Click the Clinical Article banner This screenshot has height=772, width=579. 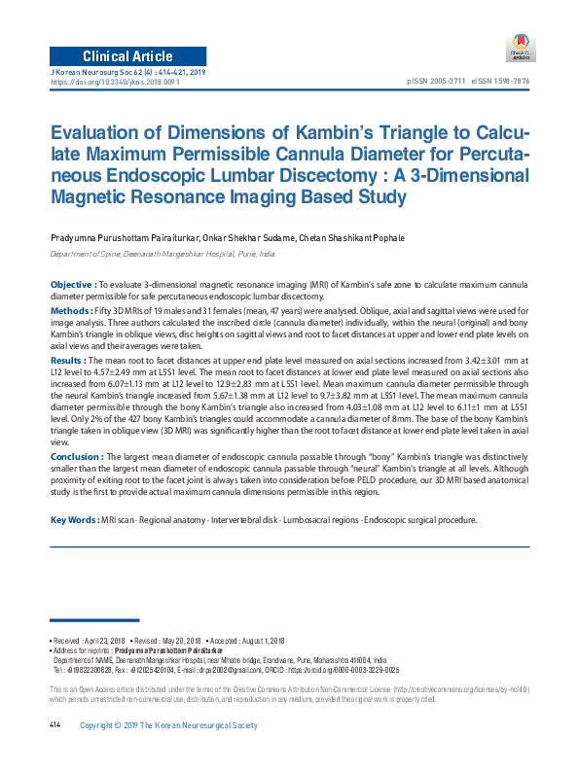tap(127, 54)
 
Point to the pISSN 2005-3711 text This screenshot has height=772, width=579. tap(435, 82)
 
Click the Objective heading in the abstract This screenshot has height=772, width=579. tap(72, 284)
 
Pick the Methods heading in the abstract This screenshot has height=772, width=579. tap(71, 309)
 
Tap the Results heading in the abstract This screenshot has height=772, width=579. tap(68, 360)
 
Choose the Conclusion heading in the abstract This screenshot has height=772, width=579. tap(76, 457)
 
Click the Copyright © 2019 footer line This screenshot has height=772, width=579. tap(168, 726)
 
